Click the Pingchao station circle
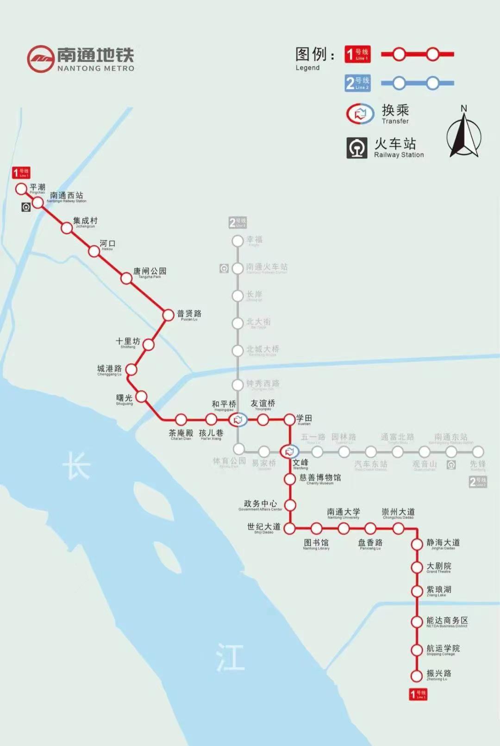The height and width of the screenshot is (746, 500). pyautogui.click(x=21, y=189)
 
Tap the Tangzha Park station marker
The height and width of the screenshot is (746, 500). pyautogui.click(x=126, y=278)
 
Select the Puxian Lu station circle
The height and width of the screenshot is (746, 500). pyautogui.click(x=168, y=315)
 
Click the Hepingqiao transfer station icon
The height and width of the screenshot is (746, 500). pyautogui.click(x=238, y=420)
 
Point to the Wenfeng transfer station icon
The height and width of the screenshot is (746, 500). pyautogui.click(x=290, y=451)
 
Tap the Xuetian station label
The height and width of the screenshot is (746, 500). pyautogui.click(x=304, y=419)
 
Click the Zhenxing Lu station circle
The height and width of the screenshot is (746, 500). pyautogui.click(x=417, y=676)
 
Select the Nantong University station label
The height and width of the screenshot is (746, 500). pyautogui.click(x=344, y=513)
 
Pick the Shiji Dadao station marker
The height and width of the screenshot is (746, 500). pyautogui.click(x=289, y=528)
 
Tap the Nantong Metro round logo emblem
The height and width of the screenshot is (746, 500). pyautogui.click(x=41, y=59)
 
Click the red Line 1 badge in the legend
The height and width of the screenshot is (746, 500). pyautogui.click(x=357, y=54)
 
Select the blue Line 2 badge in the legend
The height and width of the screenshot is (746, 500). pyautogui.click(x=357, y=83)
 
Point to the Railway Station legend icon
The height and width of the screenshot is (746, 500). pyautogui.click(x=357, y=148)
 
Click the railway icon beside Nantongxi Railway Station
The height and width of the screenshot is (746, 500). pyautogui.click(x=26, y=207)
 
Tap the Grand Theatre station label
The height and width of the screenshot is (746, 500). pyautogui.click(x=438, y=567)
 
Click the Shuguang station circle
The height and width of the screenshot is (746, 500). pyautogui.click(x=141, y=397)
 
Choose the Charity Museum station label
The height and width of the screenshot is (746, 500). pyautogui.click(x=320, y=479)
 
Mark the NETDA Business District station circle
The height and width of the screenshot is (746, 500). pyautogui.click(x=417, y=621)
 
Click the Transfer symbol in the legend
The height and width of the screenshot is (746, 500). pyautogui.click(x=360, y=114)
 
